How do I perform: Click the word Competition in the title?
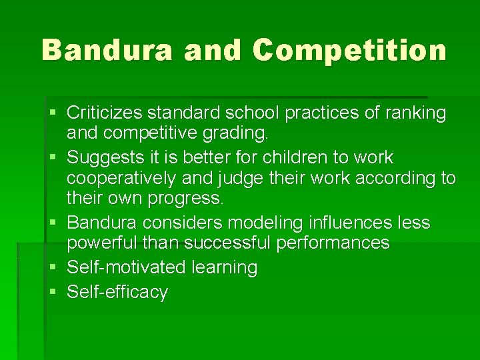(349, 50)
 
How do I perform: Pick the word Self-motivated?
(127, 267)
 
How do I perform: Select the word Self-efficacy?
(117, 292)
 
